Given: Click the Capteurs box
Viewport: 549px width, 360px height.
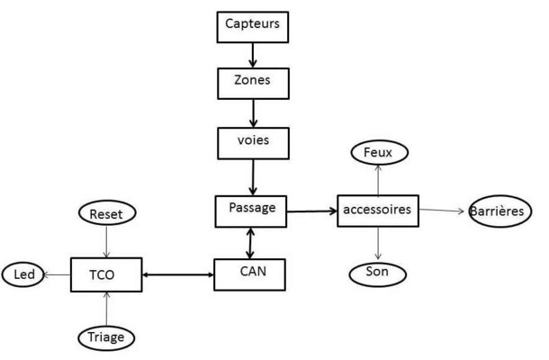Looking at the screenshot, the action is coord(252,27).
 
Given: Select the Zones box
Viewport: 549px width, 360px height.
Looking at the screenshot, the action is coord(253,84).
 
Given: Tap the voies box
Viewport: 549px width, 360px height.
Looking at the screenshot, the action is coord(253,143).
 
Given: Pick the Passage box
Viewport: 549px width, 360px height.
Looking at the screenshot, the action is coord(251,211).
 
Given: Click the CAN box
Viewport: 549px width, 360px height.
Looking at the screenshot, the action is coord(249,274).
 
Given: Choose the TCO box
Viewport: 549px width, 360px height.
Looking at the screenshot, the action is coord(106,274).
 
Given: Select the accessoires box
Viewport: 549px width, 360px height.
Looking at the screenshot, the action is coord(378,211).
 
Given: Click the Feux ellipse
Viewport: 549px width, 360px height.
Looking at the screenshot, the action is coord(380,152).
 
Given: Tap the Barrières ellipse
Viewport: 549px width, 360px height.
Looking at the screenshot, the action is coord(500,211).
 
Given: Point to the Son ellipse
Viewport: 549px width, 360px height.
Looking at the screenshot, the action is coord(378,274).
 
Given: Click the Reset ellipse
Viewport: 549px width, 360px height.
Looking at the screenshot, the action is coord(107,213).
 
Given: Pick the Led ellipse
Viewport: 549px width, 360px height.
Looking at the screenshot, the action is coord(23,274).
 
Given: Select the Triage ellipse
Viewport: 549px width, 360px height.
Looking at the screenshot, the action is coord(106,337).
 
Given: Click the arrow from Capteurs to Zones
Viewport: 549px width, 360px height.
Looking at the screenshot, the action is coord(252,55).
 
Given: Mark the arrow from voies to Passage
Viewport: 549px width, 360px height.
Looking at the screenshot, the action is coord(253,177).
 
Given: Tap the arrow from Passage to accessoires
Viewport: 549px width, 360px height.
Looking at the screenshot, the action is coord(311,211).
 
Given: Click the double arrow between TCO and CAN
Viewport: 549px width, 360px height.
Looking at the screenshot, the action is coord(178,274).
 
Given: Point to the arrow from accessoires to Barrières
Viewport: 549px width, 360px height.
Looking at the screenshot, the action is coord(442,210).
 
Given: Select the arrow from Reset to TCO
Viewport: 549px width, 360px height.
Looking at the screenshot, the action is coord(107,241).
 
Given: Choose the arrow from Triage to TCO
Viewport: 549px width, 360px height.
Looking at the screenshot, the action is coord(107,309).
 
